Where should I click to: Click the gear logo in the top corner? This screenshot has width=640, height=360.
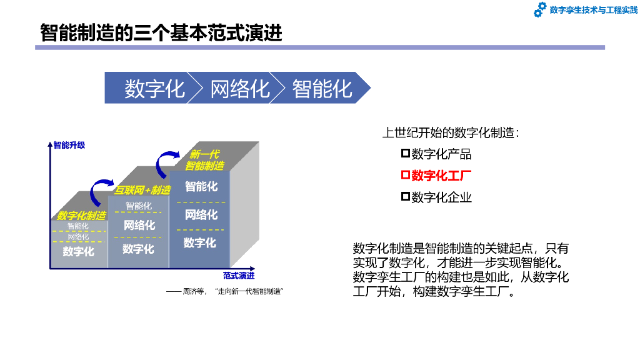pyautogui.click(x=540, y=10)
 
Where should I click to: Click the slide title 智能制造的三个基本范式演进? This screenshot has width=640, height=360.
pyautogui.click(x=161, y=32)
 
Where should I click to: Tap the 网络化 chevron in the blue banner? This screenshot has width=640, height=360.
pyautogui.click(x=239, y=88)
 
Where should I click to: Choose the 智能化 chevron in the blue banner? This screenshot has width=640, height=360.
pyautogui.click(x=322, y=88)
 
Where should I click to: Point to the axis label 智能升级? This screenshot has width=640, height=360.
pyautogui.click(x=69, y=145)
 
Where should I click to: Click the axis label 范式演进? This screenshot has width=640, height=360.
pyautogui.click(x=239, y=276)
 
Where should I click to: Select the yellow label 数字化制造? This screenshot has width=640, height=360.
pyautogui.click(x=81, y=216)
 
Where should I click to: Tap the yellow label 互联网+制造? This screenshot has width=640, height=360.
pyautogui.click(x=142, y=190)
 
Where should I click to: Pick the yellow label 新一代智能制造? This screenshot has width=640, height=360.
pyautogui.click(x=204, y=160)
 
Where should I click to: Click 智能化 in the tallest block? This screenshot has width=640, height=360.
pyautogui.click(x=201, y=186)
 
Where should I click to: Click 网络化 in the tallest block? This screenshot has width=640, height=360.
pyautogui.click(x=201, y=215)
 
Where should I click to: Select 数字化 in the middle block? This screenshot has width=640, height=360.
pyautogui.click(x=138, y=249)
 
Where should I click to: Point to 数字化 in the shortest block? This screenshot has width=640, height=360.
pyautogui.click(x=79, y=251)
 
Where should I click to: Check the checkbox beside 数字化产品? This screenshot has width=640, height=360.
pyautogui.click(x=405, y=153)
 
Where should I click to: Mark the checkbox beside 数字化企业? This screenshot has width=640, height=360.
pyautogui.click(x=405, y=197)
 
